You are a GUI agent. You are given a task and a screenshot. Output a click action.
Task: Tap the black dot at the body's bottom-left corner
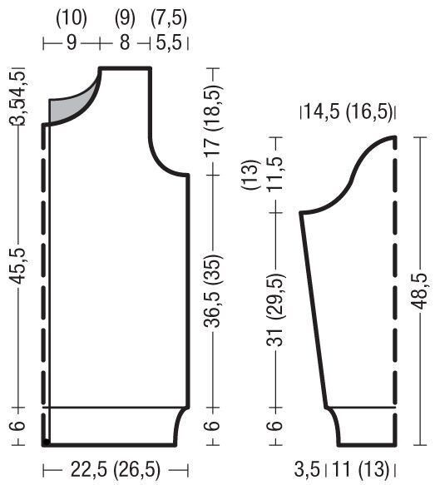[x=46, y=443]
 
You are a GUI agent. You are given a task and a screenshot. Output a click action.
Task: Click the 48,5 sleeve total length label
[x=420, y=291]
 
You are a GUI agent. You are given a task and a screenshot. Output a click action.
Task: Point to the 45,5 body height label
[x=17, y=265]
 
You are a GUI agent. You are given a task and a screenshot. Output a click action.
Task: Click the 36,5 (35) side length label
[x=212, y=291]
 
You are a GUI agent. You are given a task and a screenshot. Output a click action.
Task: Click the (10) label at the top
[x=72, y=17]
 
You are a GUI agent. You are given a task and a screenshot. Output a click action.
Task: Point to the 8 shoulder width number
[x=125, y=42]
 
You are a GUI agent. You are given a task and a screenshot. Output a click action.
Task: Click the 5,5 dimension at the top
[x=169, y=42]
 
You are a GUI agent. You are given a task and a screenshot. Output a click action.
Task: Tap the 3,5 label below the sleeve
[x=307, y=469]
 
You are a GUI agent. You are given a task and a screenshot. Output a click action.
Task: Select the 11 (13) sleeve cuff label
[x=360, y=469]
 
